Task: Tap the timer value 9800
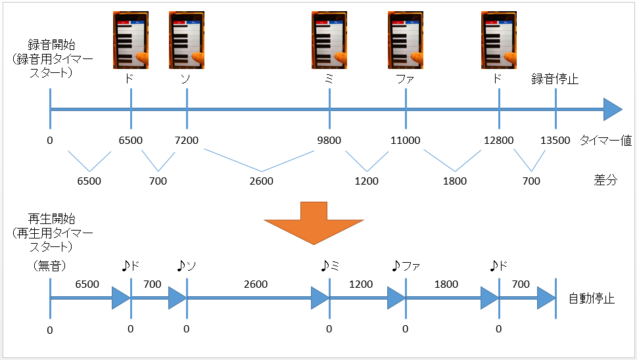pos(329,141)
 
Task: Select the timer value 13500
pos(555,141)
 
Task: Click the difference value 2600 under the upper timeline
pos(261,181)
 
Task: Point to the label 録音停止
pos(555,79)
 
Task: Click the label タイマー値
pos(605,141)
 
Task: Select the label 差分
pos(605,180)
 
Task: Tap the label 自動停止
pos(592,299)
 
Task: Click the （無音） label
pos(49,266)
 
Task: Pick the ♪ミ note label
pos(330,266)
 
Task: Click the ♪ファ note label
pos(406,266)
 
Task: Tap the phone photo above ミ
pos(329,40)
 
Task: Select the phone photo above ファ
pos(406,40)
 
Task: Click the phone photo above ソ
pos(187,40)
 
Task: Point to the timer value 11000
pos(406,141)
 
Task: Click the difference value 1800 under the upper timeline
pos(455,181)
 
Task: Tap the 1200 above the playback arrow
pos(361,284)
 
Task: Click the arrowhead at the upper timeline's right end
pos(613,109)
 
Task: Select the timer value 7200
pos(187,141)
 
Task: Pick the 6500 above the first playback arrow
pos(87,284)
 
